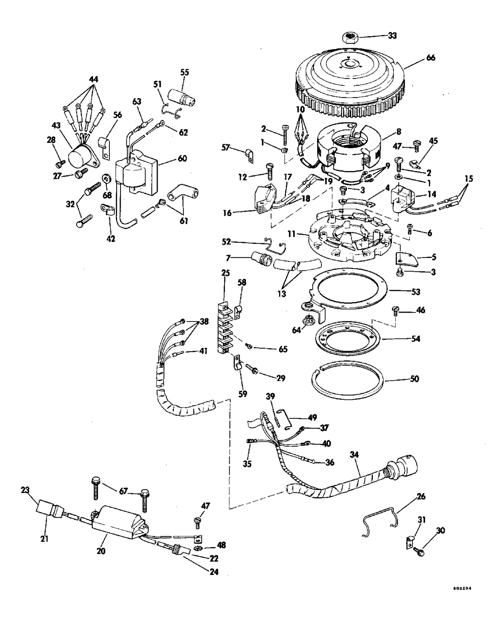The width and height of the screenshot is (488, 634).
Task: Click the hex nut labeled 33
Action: [350, 37]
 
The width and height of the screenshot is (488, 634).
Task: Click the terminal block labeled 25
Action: [225, 327]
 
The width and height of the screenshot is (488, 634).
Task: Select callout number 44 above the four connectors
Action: [93, 79]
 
